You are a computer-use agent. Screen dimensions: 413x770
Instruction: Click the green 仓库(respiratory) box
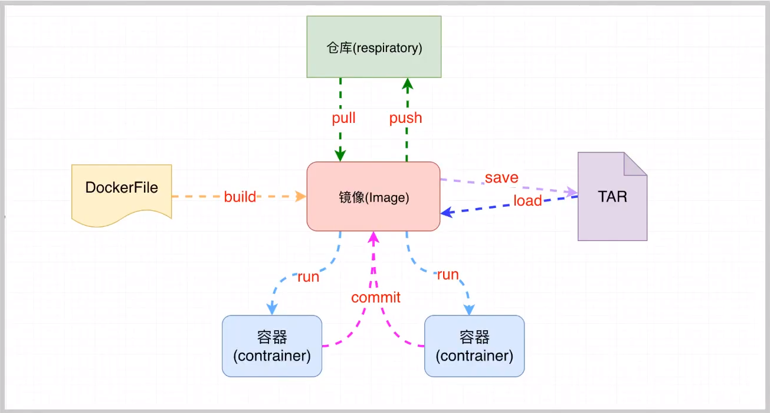(373, 47)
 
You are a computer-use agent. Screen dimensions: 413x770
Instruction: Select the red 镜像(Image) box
(373, 197)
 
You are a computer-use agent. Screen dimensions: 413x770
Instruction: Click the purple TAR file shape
(612, 201)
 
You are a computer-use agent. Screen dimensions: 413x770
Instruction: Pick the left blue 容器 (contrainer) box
(272, 346)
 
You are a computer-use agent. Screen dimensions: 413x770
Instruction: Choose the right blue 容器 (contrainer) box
(474, 346)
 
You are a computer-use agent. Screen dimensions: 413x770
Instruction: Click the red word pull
(343, 118)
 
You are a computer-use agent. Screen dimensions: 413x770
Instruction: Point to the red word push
(405, 118)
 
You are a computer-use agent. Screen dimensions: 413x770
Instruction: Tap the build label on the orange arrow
(240, 197)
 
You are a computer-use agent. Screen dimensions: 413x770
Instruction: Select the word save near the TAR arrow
(502, 177)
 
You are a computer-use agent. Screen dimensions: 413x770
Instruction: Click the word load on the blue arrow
(527, 201)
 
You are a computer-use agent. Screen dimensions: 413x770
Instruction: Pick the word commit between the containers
(376, 297)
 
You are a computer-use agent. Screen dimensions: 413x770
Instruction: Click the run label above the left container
(308, 277)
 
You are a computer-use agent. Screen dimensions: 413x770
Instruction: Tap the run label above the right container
(447, 275)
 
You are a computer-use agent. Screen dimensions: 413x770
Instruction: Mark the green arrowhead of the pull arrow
(340, 155)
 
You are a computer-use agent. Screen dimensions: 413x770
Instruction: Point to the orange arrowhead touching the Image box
(302, 196)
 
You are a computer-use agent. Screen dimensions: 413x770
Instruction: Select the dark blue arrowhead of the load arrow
(447, 211)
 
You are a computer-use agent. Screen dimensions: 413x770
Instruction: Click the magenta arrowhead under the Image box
(373, 238)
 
